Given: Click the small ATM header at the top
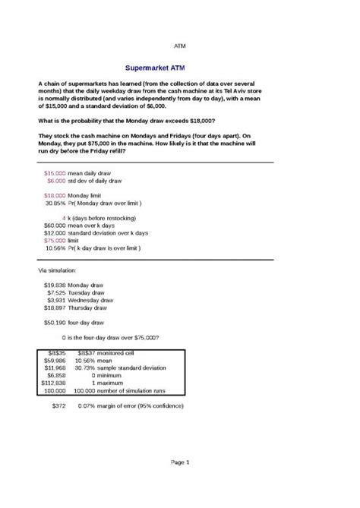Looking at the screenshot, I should [179, 35].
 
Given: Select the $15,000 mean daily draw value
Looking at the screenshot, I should [55, 173].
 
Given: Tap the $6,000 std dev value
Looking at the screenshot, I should [56, 181].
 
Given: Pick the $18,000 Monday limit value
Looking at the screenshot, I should [55, 196].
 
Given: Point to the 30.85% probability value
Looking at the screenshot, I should [55, 204].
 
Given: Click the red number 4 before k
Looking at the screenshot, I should [64, 218].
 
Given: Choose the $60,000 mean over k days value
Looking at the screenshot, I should [55, 226].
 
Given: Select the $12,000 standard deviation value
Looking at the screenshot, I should [55, 233].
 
